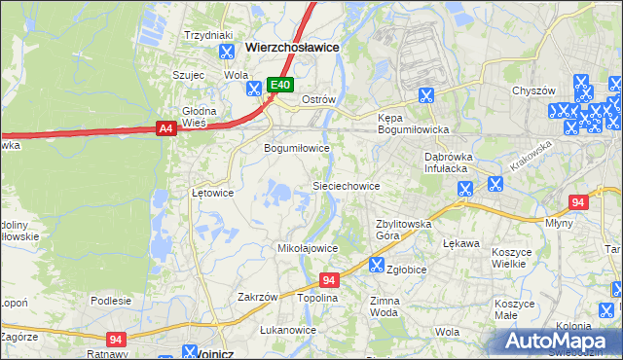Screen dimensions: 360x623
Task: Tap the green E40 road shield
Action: coord(280,86)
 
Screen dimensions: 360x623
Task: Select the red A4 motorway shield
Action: coord(165,127)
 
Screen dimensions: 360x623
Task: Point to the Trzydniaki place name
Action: coord(206,34)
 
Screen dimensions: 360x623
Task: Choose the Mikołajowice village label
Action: coord(308,248)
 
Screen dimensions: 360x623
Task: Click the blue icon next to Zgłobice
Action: coord(376,264)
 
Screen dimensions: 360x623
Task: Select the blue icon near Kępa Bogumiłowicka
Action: coord(425,94)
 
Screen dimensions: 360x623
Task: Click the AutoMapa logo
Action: coord(561,341)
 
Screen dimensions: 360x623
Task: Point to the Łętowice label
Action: coord(212,193)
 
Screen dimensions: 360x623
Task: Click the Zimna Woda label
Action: coord(385,307)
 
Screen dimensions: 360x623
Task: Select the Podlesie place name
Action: coord(110,301)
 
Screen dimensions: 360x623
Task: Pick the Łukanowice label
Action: coord(288,331)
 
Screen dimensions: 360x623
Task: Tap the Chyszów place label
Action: coord(533,90)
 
